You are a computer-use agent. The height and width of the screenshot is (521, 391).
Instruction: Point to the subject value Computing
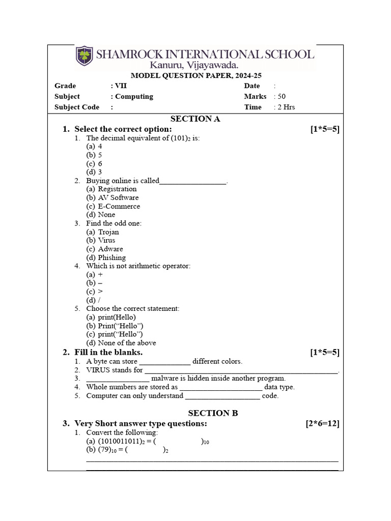coord(134,96)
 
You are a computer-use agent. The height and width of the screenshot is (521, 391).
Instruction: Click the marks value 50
coord(282,96)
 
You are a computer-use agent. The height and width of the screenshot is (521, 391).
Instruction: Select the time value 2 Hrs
coord(286,107)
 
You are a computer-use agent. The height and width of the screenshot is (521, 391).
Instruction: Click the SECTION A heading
coord(195,119)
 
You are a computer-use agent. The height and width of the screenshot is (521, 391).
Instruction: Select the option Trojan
coord(108,232)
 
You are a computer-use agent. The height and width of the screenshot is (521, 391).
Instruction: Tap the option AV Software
coord(118,197)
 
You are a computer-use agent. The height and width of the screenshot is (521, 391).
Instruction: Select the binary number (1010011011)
coord(118,441)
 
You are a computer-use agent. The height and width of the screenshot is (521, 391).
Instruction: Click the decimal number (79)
coord(104,450)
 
